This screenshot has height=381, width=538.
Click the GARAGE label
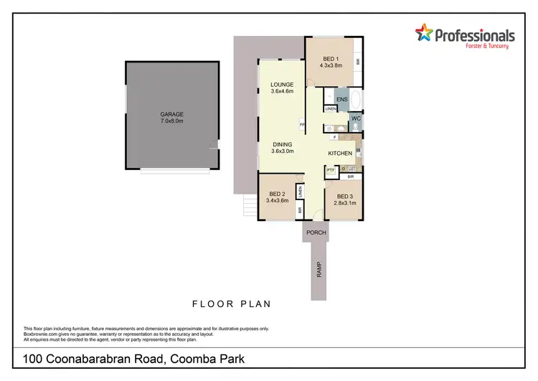tap(171, 114)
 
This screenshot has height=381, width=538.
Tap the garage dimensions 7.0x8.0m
tap(171, 121)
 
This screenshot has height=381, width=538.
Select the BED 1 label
tap(329, 58)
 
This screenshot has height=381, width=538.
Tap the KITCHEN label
tap(340, 154)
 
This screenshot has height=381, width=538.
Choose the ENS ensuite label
tap(342, 99)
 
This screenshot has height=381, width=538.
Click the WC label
tap(355, 118)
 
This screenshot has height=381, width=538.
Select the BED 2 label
tap(278, 194)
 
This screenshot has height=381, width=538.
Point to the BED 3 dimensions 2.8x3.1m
tap(344, 203)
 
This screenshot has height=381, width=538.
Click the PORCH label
tap(316, 232)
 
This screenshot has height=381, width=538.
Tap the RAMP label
tap(319, 270)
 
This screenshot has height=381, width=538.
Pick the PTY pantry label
tap(331, 171)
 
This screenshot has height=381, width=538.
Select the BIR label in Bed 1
tap(357, 62)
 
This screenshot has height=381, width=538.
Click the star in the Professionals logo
tap(425, 33)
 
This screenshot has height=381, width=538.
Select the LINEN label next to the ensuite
tap(330, 109)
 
